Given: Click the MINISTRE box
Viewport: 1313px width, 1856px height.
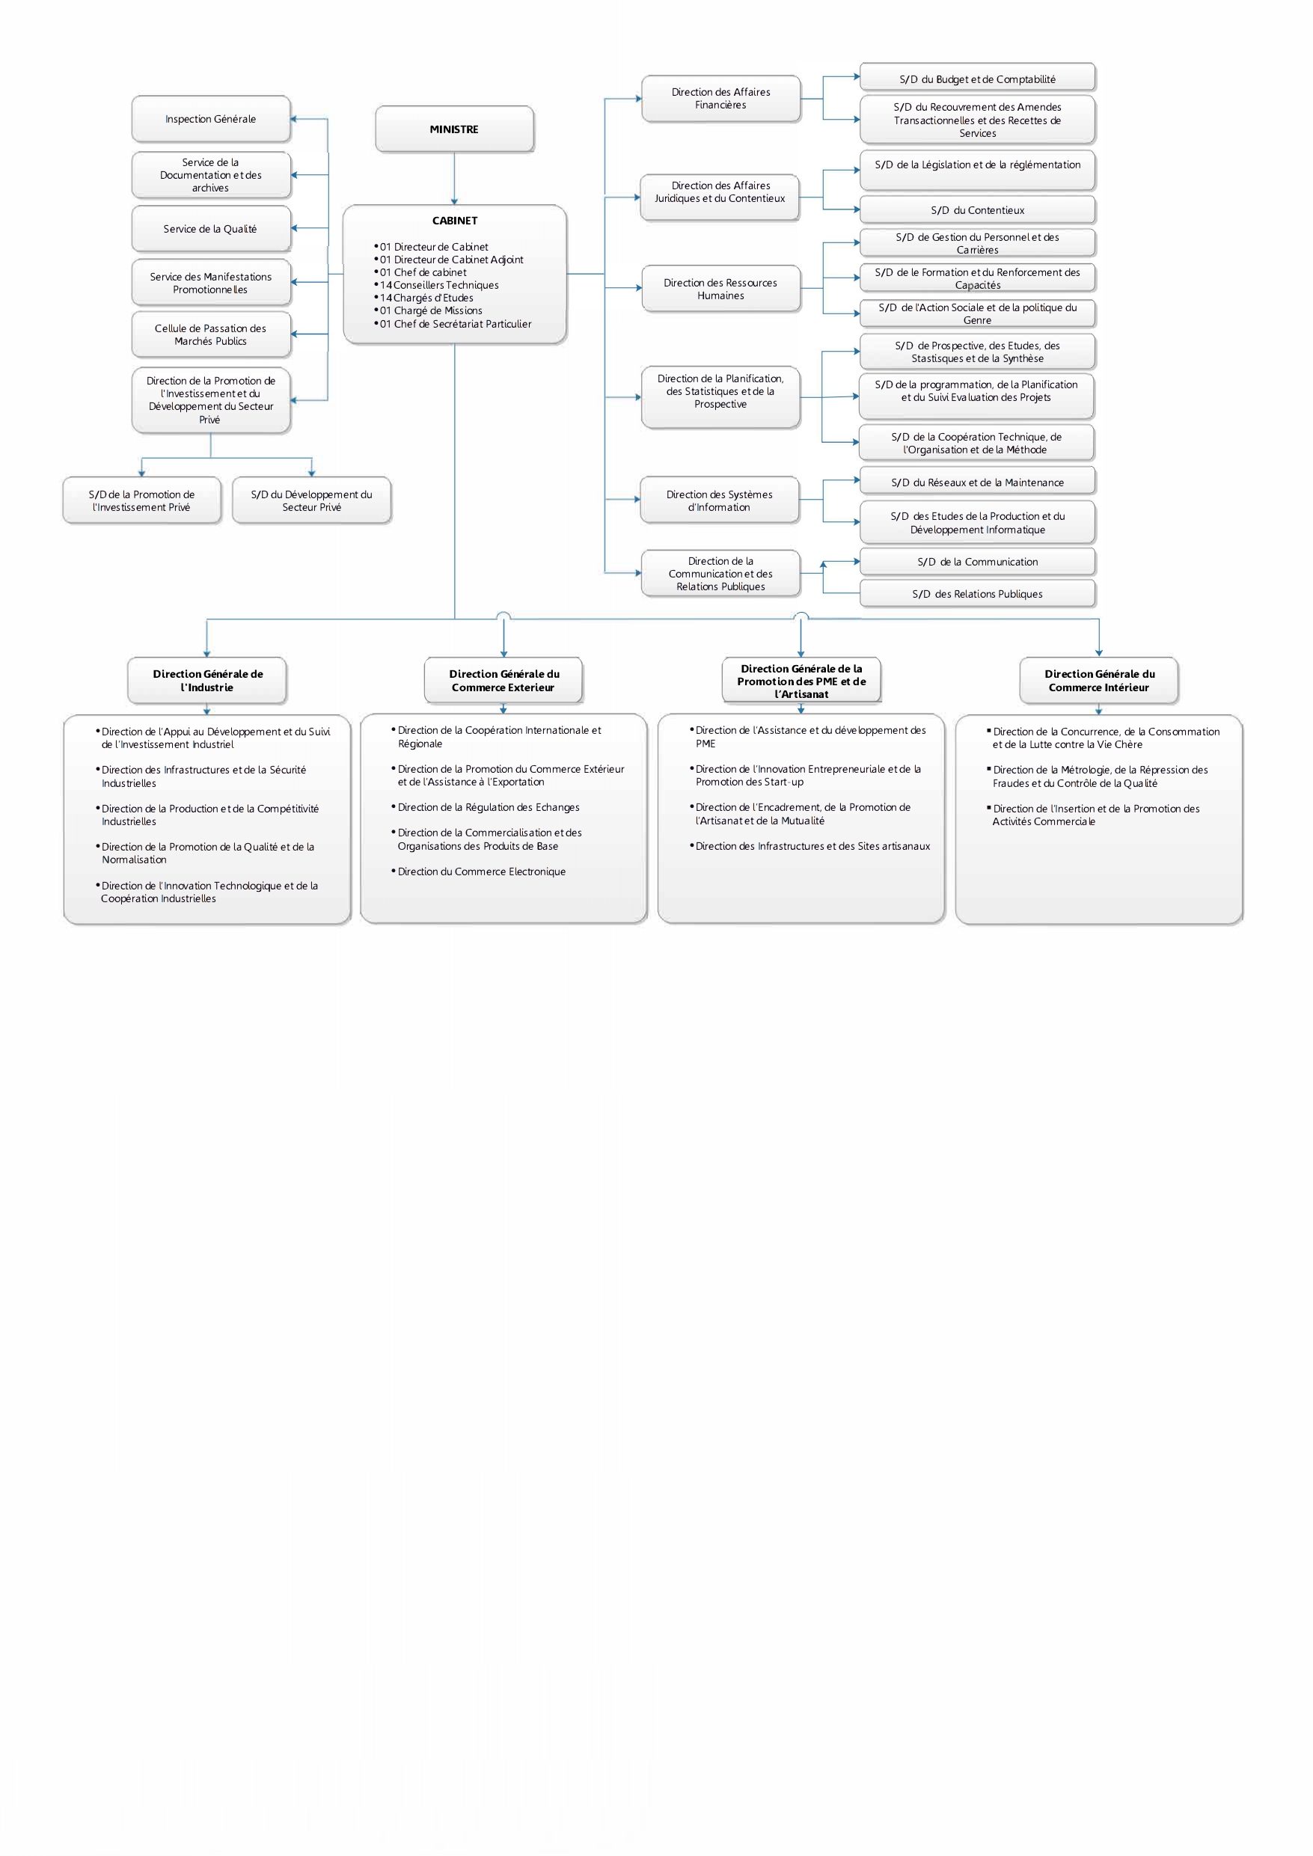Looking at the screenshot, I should (454, 129).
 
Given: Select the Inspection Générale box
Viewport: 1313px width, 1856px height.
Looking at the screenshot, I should (210, 119).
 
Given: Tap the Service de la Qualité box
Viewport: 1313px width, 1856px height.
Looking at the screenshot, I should (210, 229).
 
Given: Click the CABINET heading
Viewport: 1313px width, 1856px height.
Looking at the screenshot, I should (454, 221).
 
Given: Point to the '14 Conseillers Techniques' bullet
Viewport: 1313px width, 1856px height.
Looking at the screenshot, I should (440, 285).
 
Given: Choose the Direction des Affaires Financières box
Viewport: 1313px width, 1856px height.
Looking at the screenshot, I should (720, 99).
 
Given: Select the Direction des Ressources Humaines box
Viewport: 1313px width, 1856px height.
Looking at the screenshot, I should (720, 289).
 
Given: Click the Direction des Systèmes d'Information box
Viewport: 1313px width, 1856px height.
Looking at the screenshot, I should (719, 500).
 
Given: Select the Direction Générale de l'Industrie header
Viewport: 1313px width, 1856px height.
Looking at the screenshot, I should (208, 681).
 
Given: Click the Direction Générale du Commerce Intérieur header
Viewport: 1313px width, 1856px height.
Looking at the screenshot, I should (1099, 681).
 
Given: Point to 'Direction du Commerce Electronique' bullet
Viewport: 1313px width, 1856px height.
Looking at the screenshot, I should (481, 872).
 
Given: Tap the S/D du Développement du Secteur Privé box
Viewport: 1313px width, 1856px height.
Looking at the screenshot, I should (311, 500).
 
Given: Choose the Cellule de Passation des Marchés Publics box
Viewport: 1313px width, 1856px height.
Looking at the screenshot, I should (210, 334).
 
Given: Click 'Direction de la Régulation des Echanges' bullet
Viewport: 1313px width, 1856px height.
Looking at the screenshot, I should (489, 807).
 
